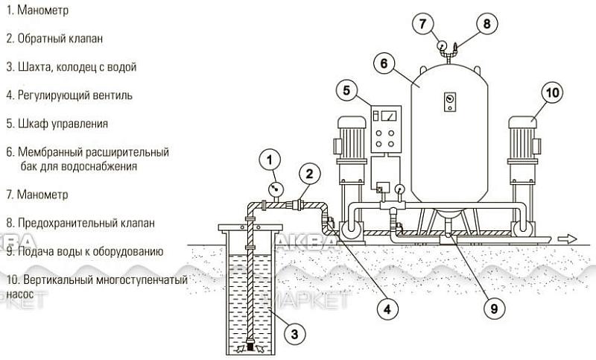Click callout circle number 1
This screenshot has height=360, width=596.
[270, 158]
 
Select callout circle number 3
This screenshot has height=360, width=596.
[295, 334]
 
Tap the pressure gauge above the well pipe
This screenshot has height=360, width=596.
[275, 189]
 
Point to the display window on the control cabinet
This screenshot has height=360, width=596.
[387, 116]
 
